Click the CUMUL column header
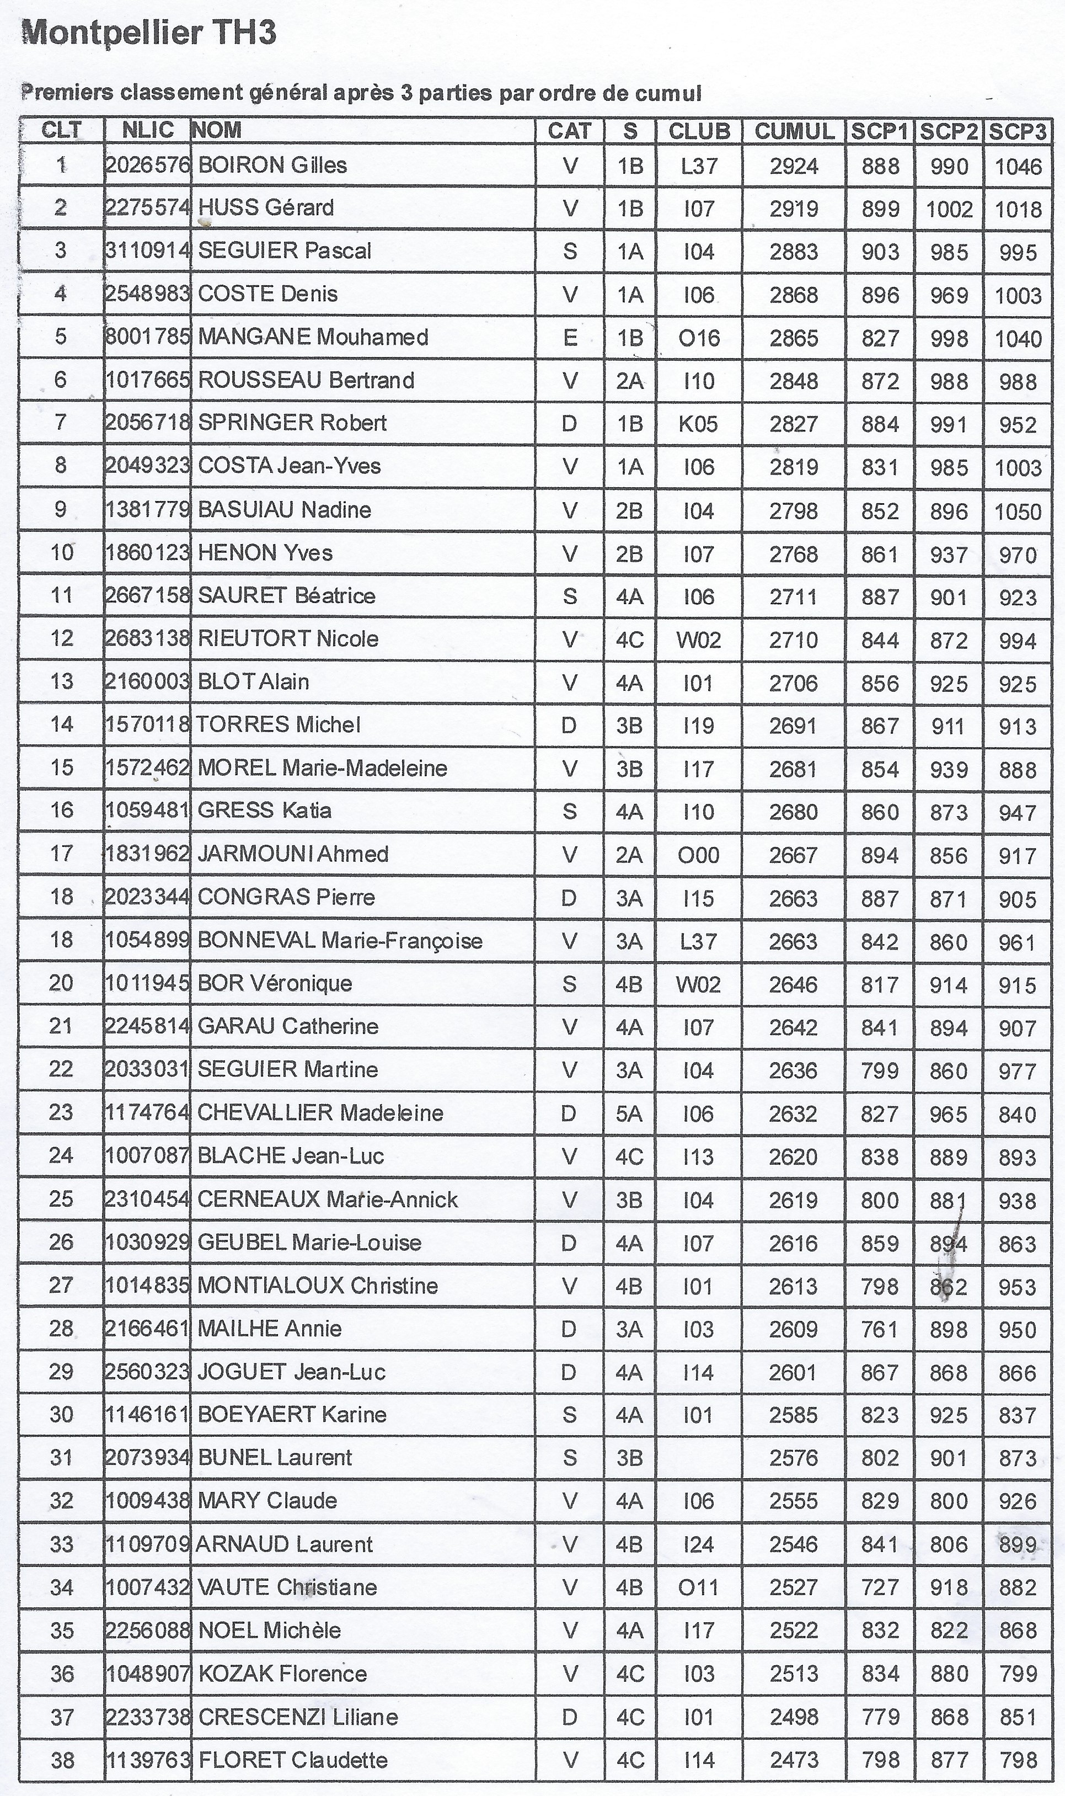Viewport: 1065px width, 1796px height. [x=794, y=131]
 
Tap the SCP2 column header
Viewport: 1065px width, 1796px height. [x=949, y=131]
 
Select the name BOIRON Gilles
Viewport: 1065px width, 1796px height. [x=272, y=165]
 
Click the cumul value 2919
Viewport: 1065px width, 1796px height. [x=794, y=209]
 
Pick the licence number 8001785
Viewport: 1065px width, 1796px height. [x=147, y=337]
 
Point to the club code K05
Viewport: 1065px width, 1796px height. [x=698, y=424]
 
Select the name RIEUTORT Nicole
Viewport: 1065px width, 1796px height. [x=288, y=639]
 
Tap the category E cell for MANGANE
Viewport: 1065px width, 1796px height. [x=570, y=337]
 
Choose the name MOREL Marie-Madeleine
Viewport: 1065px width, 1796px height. [x=322, y=768]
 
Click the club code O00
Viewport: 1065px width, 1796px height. [x=698, y=855]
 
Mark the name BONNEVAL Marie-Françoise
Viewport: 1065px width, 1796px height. [x=339, y=941]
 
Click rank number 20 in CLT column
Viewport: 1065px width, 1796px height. [x=61, y=983]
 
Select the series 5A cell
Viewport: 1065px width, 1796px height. [x=629, y=1113]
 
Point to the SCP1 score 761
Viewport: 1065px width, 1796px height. [x=880, y=1329]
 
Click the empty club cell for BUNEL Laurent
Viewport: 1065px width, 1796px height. [x=698, y=1458]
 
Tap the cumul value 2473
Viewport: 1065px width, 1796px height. [x=794, y=1760]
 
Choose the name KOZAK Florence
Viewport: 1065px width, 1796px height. [x=282, y=1674]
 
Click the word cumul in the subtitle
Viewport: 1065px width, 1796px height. [x=667, y=93]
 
